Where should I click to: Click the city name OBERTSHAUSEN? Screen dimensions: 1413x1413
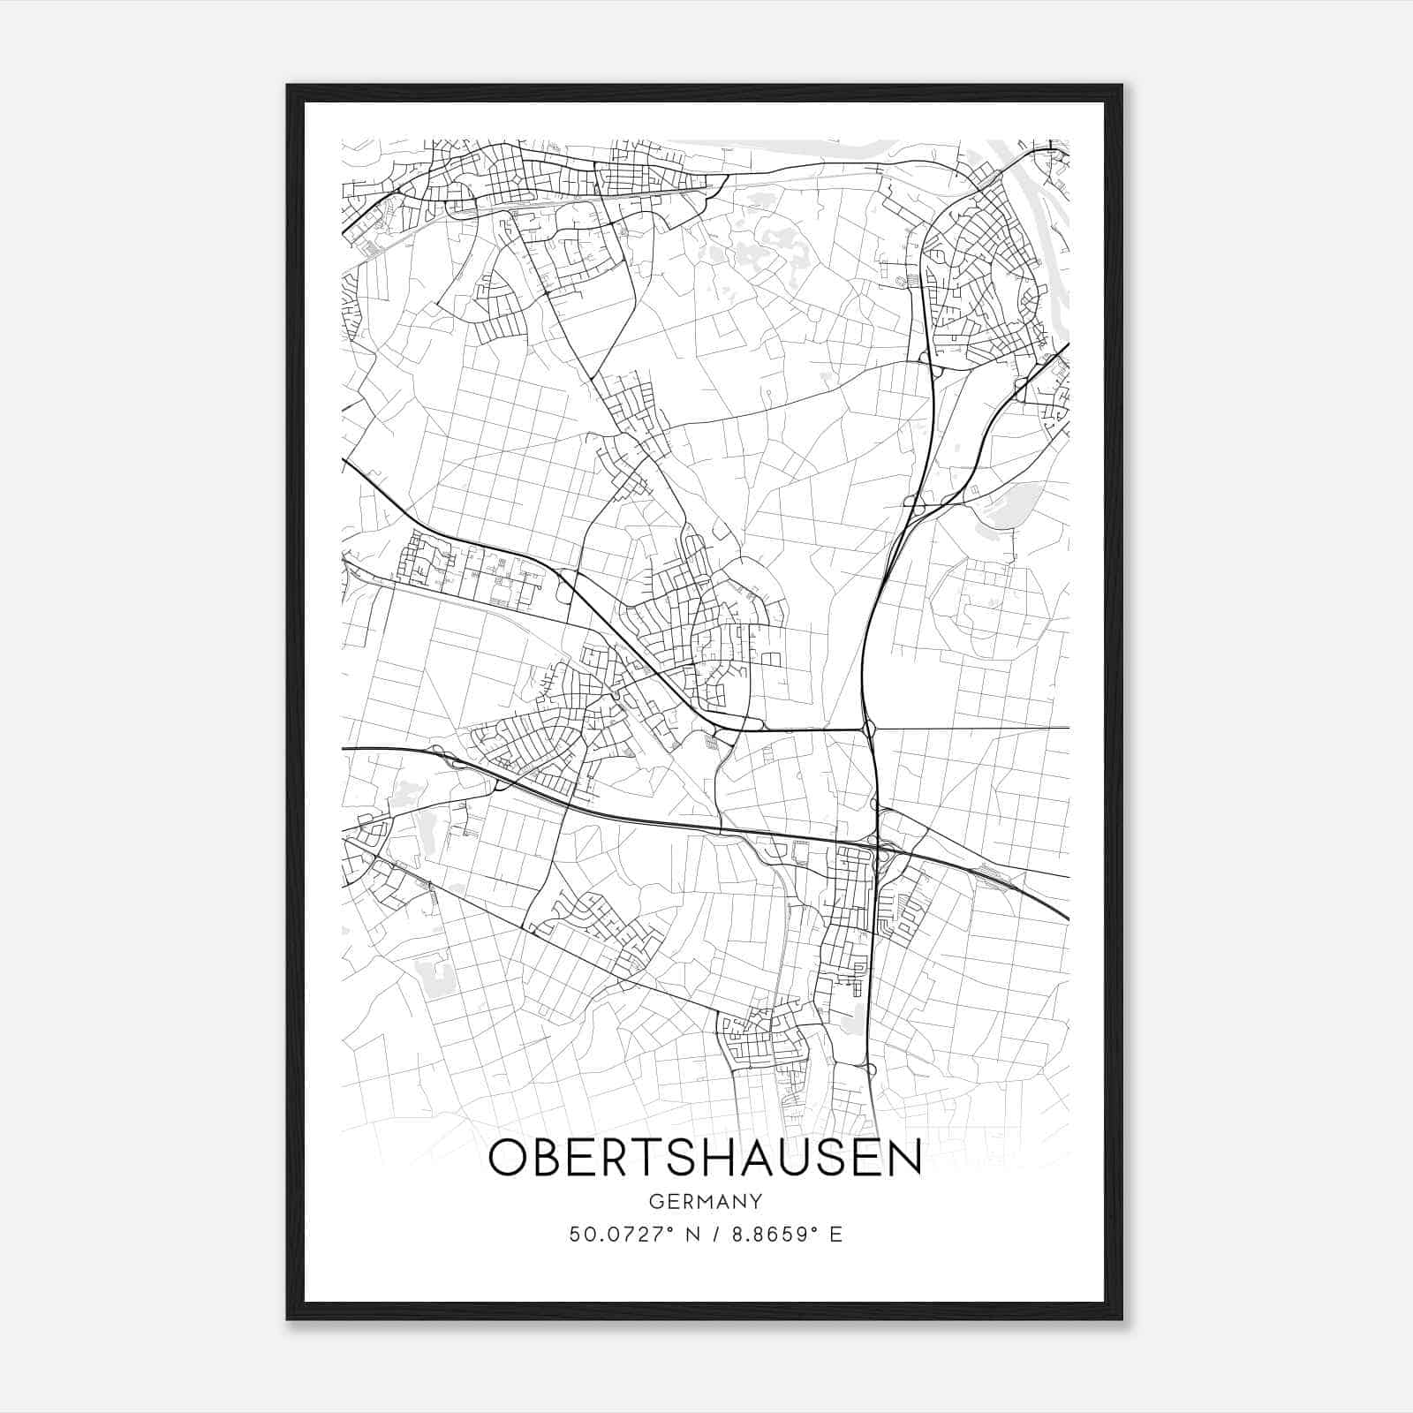[x=705, y=1159]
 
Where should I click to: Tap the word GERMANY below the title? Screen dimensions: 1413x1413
[x=705, y=1202]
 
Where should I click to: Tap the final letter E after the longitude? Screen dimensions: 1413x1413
[x=836, y=1235]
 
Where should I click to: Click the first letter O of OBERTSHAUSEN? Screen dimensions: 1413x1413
[x=507, y=1159]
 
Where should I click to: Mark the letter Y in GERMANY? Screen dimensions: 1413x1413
[x=754, y=1202]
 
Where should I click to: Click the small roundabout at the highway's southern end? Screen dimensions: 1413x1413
[x=871, y=1069]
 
